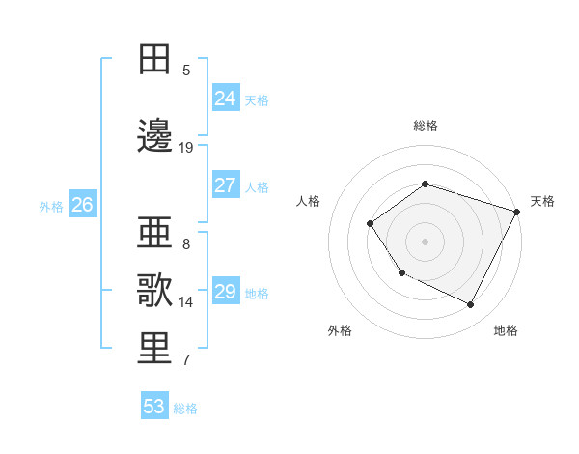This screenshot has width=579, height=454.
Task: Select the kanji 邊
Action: coord(155,135)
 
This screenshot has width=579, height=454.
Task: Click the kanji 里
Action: coord(155,348)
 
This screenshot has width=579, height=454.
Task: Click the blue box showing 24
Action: coord(225,99)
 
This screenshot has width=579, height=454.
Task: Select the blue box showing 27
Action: coord(225,185)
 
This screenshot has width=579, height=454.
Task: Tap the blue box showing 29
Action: coord(225,292)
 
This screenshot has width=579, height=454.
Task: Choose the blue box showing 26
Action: coord(82,205)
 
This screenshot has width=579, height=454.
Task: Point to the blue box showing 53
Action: coord(154,407)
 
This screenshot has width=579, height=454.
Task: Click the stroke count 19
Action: coord(186,148)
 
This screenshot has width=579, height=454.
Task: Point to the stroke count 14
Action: coord(186,302)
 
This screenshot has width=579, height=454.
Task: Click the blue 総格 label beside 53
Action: coord(185,409)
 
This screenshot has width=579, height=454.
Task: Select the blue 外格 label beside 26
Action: coord(51,206)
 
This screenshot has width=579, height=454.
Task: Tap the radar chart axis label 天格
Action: coord(542,201)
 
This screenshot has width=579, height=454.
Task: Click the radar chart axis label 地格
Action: coord(506,330)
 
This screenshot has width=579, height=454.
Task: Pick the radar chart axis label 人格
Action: coord(309,201)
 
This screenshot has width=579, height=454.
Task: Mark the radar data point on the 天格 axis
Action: coord(517,212)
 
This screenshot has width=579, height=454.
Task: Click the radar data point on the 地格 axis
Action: coord(471,305)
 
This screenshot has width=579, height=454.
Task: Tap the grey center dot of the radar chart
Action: coord(425,241)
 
